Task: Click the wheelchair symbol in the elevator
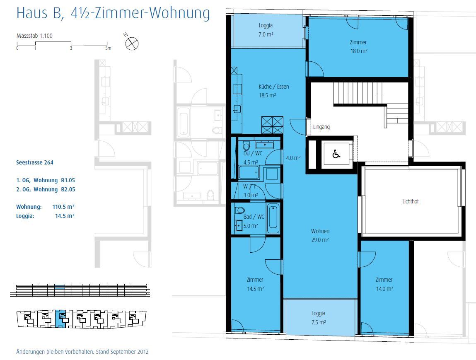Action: point(336,154)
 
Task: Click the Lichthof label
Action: point(411,201)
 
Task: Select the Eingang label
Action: point(321,127)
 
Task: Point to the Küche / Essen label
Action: point(273,87)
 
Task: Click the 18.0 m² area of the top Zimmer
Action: point(359,51)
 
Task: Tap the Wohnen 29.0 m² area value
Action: point(320,240)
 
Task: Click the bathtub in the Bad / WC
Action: point(273,218)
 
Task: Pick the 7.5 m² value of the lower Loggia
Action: point(319,322)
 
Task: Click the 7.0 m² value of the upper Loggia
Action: point(266,35)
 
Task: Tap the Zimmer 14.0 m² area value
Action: point(384,289)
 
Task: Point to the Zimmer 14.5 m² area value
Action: point(255,289)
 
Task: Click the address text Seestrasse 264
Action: point(35,162)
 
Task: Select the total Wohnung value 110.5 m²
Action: point(63,207)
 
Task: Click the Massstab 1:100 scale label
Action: point(34,36)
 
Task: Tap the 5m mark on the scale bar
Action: point(109,48)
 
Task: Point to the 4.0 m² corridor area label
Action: point(293,158)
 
